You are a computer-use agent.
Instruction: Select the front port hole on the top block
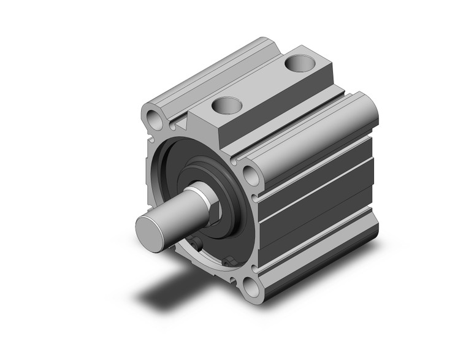223,106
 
